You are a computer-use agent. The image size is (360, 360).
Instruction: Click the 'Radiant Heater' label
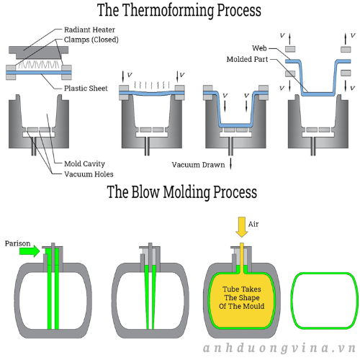[89, 30]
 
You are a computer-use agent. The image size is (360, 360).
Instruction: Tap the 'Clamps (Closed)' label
[91, 40]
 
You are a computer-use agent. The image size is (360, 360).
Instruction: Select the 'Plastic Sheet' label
[86, 89]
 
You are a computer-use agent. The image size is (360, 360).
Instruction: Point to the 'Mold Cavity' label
[84, 163]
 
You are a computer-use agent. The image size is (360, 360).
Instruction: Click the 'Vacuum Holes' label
[89, 174]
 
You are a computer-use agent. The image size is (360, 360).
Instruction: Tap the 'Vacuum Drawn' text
[198, 165]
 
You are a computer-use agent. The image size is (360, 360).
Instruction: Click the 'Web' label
[259, 48]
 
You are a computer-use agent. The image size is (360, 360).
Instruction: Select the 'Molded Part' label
[247, 59]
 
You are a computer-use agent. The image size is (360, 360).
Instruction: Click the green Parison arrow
[30, 251]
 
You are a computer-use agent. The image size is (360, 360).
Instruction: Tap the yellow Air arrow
[242, 227]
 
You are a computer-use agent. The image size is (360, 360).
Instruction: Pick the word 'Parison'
[17, 243]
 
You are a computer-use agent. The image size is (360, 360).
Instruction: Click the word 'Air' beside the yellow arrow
[253, 224]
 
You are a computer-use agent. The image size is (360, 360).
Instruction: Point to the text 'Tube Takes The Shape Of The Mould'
[241, 297]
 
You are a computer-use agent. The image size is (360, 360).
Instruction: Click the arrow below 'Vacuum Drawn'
[230, 163]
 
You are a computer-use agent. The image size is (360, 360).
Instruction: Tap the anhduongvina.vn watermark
[279, 348]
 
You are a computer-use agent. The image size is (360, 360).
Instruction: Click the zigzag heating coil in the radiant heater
[38, 65]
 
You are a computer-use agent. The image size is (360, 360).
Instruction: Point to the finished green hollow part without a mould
[325, 301]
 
